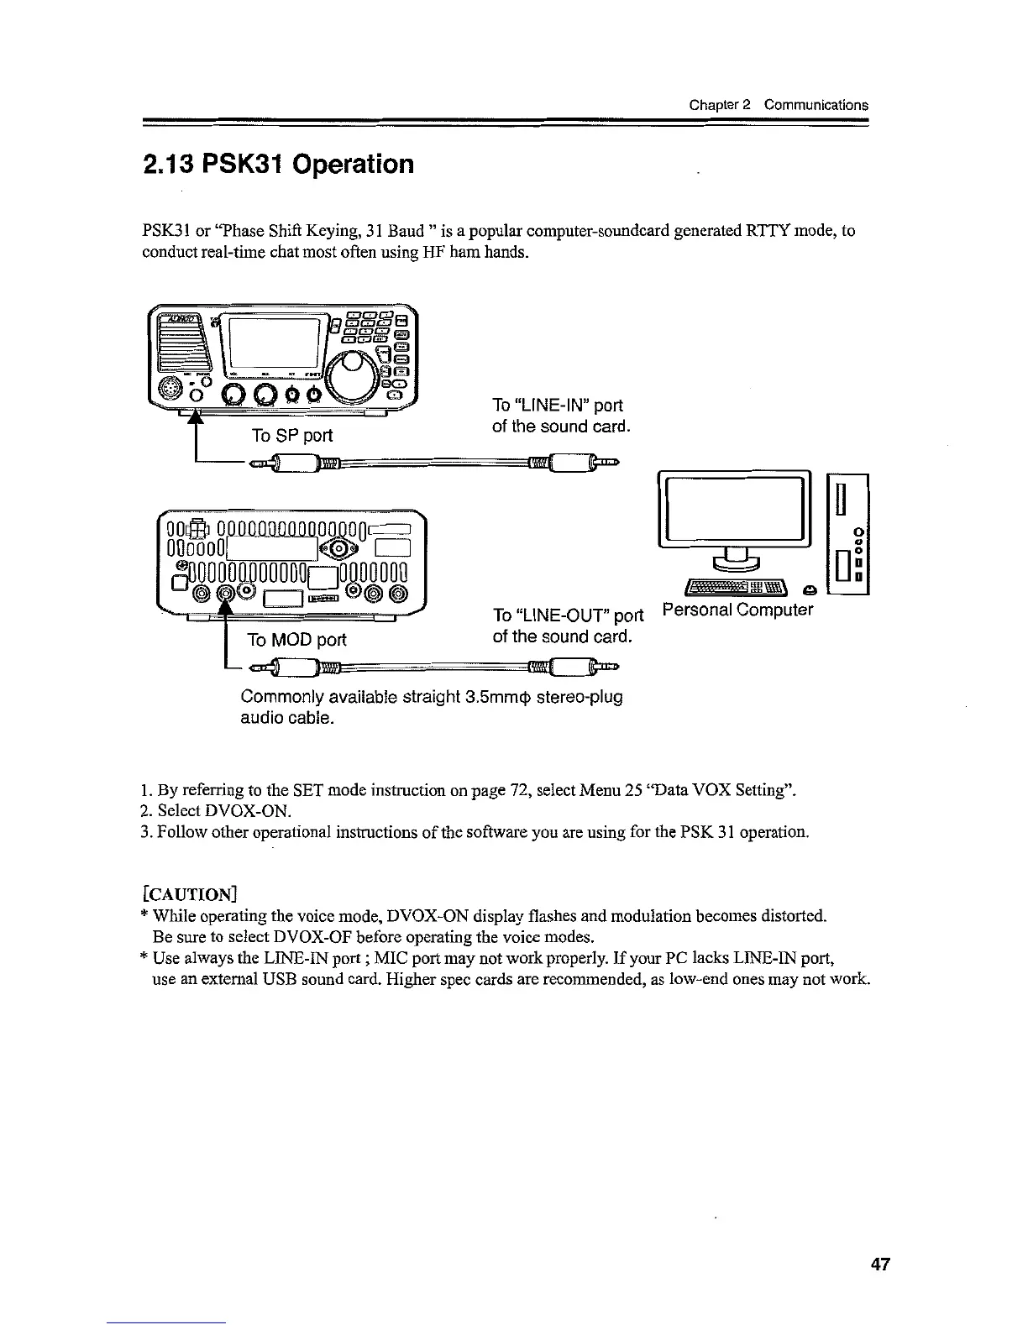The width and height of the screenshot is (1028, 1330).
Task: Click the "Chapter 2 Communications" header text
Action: (x=778, y=105)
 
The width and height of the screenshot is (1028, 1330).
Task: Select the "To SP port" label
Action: (x=292, y=435)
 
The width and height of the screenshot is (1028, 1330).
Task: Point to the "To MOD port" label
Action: (x=296, y=640)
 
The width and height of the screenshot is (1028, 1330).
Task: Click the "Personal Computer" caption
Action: (x=737, y=610)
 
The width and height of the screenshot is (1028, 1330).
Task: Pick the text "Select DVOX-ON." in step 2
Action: (x=216, y=811)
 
